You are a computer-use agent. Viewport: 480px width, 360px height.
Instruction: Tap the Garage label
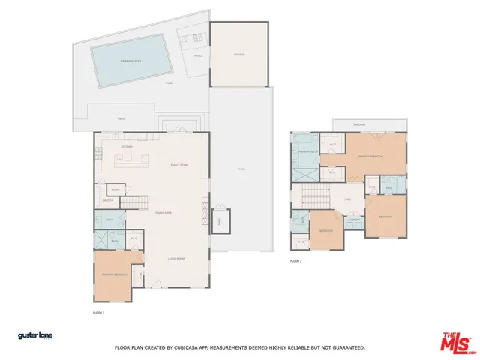point(238,55)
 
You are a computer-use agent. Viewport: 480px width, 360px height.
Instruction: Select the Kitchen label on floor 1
point(126,146)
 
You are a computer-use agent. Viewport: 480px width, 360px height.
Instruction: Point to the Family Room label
point(179,164)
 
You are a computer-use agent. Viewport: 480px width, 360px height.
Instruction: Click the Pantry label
point(107,200)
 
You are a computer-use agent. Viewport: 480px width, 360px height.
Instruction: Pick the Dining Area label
point(164,214)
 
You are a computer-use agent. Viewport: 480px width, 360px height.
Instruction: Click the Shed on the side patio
point(219,223)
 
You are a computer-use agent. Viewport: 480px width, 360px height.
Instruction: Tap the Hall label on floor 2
point(347,199)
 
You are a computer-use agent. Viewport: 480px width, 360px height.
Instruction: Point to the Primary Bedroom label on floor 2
point(370,157)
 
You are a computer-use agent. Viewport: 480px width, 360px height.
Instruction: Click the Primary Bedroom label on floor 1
point(115,274)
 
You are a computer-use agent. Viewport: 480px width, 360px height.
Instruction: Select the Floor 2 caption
point(295,261)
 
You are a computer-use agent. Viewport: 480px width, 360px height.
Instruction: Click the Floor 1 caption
point(98,311)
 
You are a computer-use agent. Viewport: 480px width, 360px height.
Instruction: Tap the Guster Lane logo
point(35,335)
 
